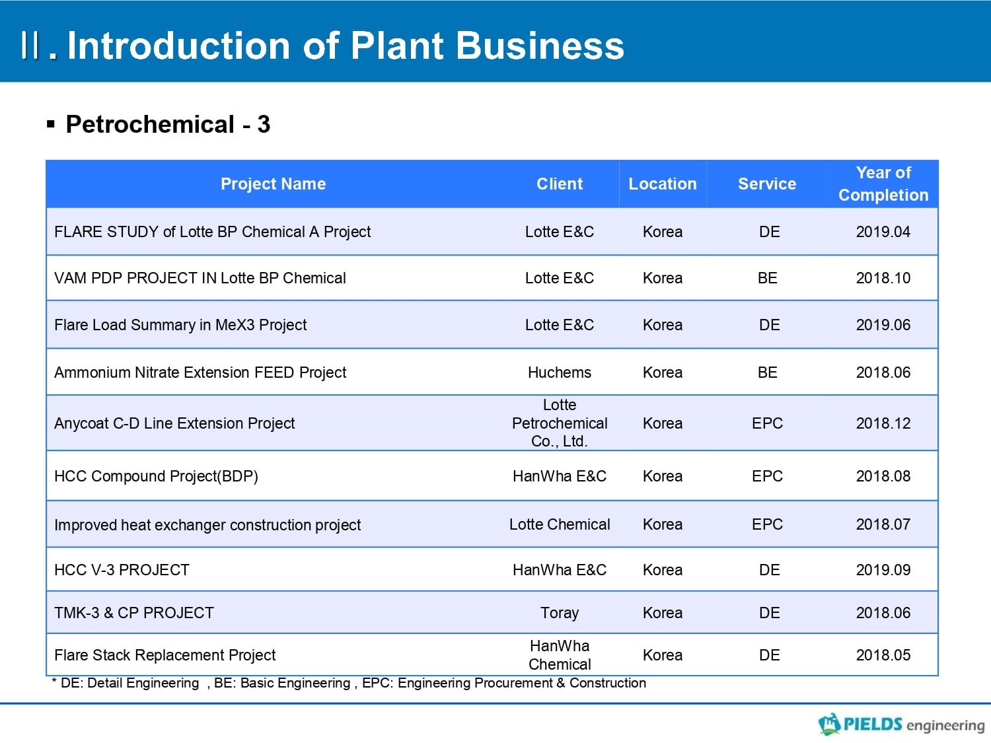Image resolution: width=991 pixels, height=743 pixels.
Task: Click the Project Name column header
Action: click(273, 184)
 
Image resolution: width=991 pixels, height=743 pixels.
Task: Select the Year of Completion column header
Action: click(883, 184)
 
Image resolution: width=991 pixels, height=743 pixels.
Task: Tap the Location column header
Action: click(663, 184)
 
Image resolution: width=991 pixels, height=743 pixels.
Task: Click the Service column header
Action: click(767, 184)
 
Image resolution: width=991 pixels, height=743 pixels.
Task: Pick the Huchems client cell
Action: click(560, 372)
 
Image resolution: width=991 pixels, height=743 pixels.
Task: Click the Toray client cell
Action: click(560, 613)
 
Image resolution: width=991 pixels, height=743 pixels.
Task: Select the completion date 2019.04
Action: click(883, 232)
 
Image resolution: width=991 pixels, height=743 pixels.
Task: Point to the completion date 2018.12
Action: click(883, 423)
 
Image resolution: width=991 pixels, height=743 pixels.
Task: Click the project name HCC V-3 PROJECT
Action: click(122, 570)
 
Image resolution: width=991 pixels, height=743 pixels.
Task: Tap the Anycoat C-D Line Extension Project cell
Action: click(174, 423)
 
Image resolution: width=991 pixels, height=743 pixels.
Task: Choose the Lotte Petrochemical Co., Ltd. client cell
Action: click(560, 423)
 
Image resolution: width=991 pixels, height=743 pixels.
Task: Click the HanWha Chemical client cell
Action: click(560, 655)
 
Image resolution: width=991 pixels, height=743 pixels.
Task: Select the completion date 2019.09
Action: click(883, 570)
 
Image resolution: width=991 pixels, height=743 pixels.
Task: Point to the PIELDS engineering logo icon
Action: click(829, 724)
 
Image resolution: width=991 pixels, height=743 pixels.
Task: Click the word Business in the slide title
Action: click(540, 46)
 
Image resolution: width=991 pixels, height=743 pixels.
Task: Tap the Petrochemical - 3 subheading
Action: click(168, 124)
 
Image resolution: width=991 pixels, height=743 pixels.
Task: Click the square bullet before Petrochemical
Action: click(51, 124)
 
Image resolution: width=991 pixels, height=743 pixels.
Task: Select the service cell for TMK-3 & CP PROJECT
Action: click(769, 613)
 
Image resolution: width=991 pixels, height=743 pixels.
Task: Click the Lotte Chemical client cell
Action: click(560, 524)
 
